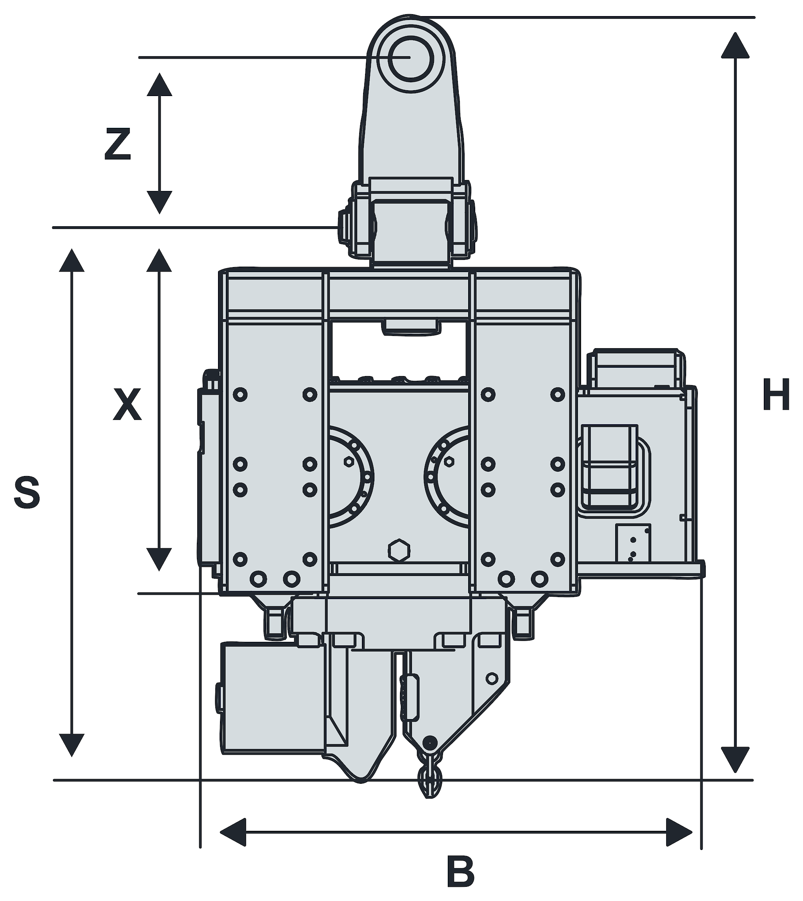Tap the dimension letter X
pyautogui.click(x=127, y=404)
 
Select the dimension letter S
pyautogui.click(x=27, y=491)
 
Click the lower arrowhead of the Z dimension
pyautogui.click(x=159, y=202)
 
